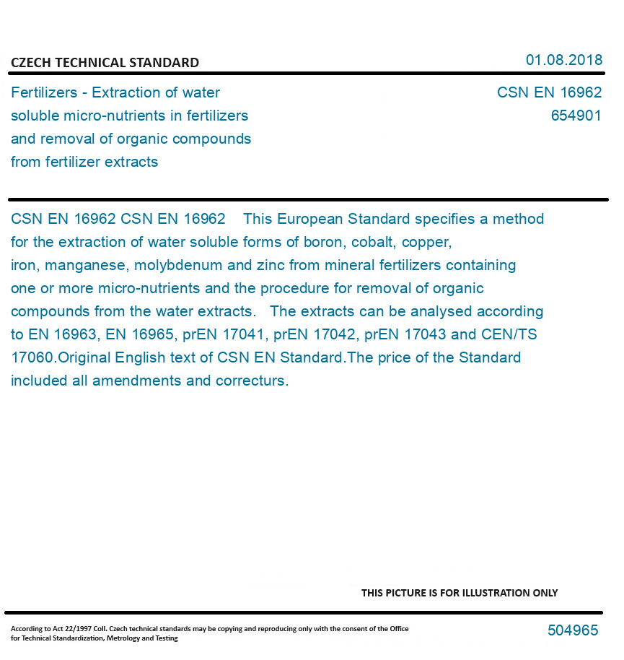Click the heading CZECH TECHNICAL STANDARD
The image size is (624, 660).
[x=105, y=63]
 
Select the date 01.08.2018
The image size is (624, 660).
[x=563, y=60]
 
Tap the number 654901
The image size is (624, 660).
[x=576, y=116]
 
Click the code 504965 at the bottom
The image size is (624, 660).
[x=573, y=630]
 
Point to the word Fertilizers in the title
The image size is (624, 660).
[x=45, y=92]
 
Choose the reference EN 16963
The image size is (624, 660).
[x=61, y=334]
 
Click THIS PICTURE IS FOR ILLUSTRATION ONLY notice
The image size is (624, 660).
[x=460, y=593]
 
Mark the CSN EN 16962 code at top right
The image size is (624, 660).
[x=549, y=92]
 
